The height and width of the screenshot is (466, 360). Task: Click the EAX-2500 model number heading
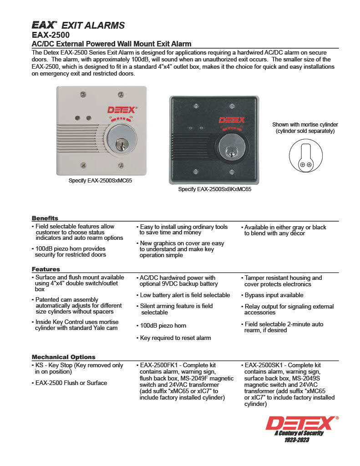coord(51,35)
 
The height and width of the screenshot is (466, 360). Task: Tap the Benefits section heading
coord(45,218)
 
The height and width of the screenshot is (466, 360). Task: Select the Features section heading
coord(46,269)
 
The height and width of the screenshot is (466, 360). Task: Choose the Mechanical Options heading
coord(64,357)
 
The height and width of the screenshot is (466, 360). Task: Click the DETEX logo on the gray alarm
coord(122,110)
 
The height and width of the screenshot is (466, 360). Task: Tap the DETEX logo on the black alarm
coord(232,121)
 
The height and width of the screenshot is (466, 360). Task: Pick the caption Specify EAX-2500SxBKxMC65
coord(214,189)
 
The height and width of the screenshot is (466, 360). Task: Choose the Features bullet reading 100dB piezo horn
coord(163,326)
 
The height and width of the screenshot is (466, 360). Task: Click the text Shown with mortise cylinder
coord(305,125)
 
